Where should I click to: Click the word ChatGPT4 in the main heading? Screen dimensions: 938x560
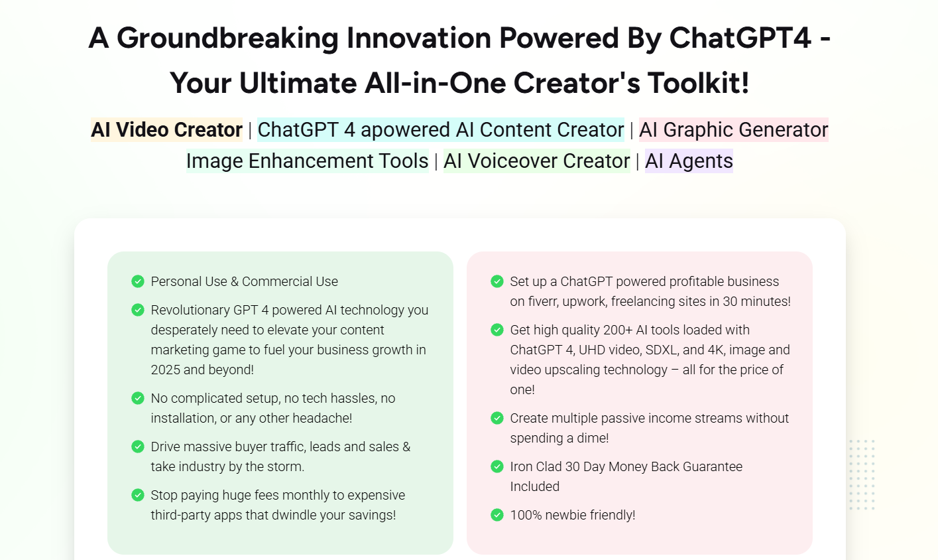tap(740, 38)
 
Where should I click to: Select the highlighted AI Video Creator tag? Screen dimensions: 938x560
tap(166, 129)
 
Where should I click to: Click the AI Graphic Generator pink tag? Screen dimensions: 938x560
tap(734, 129)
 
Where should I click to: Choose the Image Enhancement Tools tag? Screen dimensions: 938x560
tap(308, 161)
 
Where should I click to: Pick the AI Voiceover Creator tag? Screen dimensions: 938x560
tap(537, 161)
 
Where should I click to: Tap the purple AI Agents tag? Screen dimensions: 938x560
tap(689, 161)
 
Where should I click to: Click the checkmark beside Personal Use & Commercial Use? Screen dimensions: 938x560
tap(138, 281)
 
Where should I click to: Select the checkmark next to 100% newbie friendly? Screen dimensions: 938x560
tap(497, 515)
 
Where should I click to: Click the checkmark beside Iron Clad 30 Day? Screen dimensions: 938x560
tap(497, 466)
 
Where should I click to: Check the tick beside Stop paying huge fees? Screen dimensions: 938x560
tap(138, 495)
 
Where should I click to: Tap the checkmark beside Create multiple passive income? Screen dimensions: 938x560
tap(497, 418)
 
